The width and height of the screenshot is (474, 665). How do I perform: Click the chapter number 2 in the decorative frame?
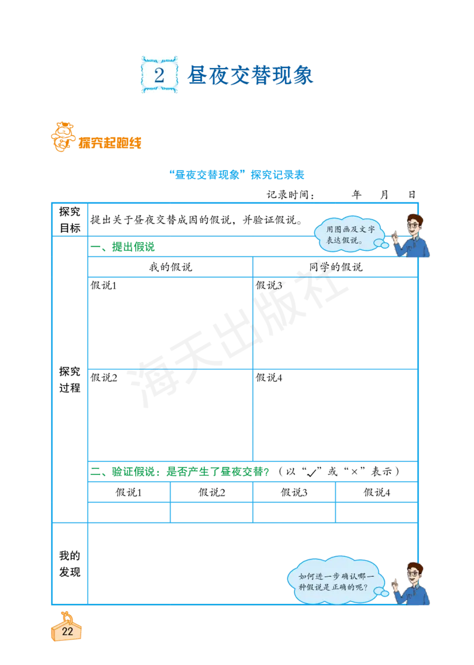pos(159,75)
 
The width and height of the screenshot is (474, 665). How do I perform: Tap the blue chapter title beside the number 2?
pos(249,75)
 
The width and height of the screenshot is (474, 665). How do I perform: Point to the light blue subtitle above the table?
pos(237,175)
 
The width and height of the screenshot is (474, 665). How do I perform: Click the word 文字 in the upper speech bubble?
pos(367,230)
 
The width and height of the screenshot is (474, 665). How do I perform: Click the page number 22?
pos(68,632)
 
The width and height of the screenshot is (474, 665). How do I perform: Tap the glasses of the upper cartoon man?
pos(415,225)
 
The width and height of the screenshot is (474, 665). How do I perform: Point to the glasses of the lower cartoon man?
pos(415,573)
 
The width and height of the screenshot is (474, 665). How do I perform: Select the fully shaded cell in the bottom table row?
pos(374,513)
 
